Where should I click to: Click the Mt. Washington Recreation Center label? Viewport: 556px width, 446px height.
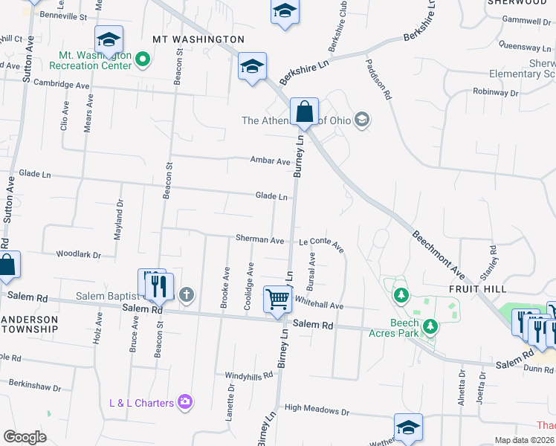point(95,60)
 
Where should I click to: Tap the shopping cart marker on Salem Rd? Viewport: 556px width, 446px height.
point(277,300)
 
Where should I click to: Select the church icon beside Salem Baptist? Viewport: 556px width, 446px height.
point(186,296)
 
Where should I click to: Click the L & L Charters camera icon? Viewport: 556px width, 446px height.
point(185,403)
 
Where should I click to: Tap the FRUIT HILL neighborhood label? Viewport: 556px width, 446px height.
point(479,288)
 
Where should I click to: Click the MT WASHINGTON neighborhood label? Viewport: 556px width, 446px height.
point(198,39)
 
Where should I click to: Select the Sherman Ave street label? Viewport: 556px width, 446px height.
point(260,240)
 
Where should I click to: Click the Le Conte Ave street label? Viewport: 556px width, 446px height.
point(322,243)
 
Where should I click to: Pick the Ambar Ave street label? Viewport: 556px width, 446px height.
point(270,161)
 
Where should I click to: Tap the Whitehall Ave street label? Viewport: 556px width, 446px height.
point(319,305)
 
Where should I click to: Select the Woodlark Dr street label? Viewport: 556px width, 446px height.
point(78,254)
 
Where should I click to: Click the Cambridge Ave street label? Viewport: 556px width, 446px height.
point(61,85)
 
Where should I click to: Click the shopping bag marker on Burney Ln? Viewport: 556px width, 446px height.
point(304,112)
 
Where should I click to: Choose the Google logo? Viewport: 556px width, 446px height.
point(25,437)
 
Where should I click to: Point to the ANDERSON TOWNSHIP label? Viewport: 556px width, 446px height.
point(29,322)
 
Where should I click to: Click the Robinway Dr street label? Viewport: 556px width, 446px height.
point(500,92)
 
